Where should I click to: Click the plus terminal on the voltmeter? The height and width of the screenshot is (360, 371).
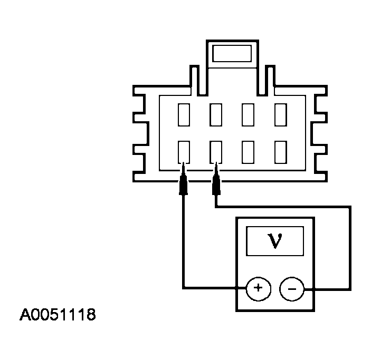[x=258, y=288]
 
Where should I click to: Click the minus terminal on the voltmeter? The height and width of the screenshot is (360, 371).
[x=291, y=288]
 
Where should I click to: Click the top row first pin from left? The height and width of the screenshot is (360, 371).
[x=184, y=114]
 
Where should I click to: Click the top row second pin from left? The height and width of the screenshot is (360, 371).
[x=215, y=114]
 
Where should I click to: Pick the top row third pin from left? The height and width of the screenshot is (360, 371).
[x=248, y=114]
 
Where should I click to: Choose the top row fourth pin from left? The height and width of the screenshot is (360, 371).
[x=280, y=114]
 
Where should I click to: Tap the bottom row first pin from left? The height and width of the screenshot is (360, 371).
[x=184, y=152]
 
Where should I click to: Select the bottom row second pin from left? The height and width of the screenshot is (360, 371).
[x=215, y=152]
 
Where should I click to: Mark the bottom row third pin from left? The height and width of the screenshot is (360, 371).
[x=248, y=152]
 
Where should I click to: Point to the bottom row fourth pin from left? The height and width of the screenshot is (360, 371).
[x=280, y=152]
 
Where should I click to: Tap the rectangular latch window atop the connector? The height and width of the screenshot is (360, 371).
[x=232, y=53]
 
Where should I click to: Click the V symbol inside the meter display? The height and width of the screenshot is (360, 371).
[x=275, y=241]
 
